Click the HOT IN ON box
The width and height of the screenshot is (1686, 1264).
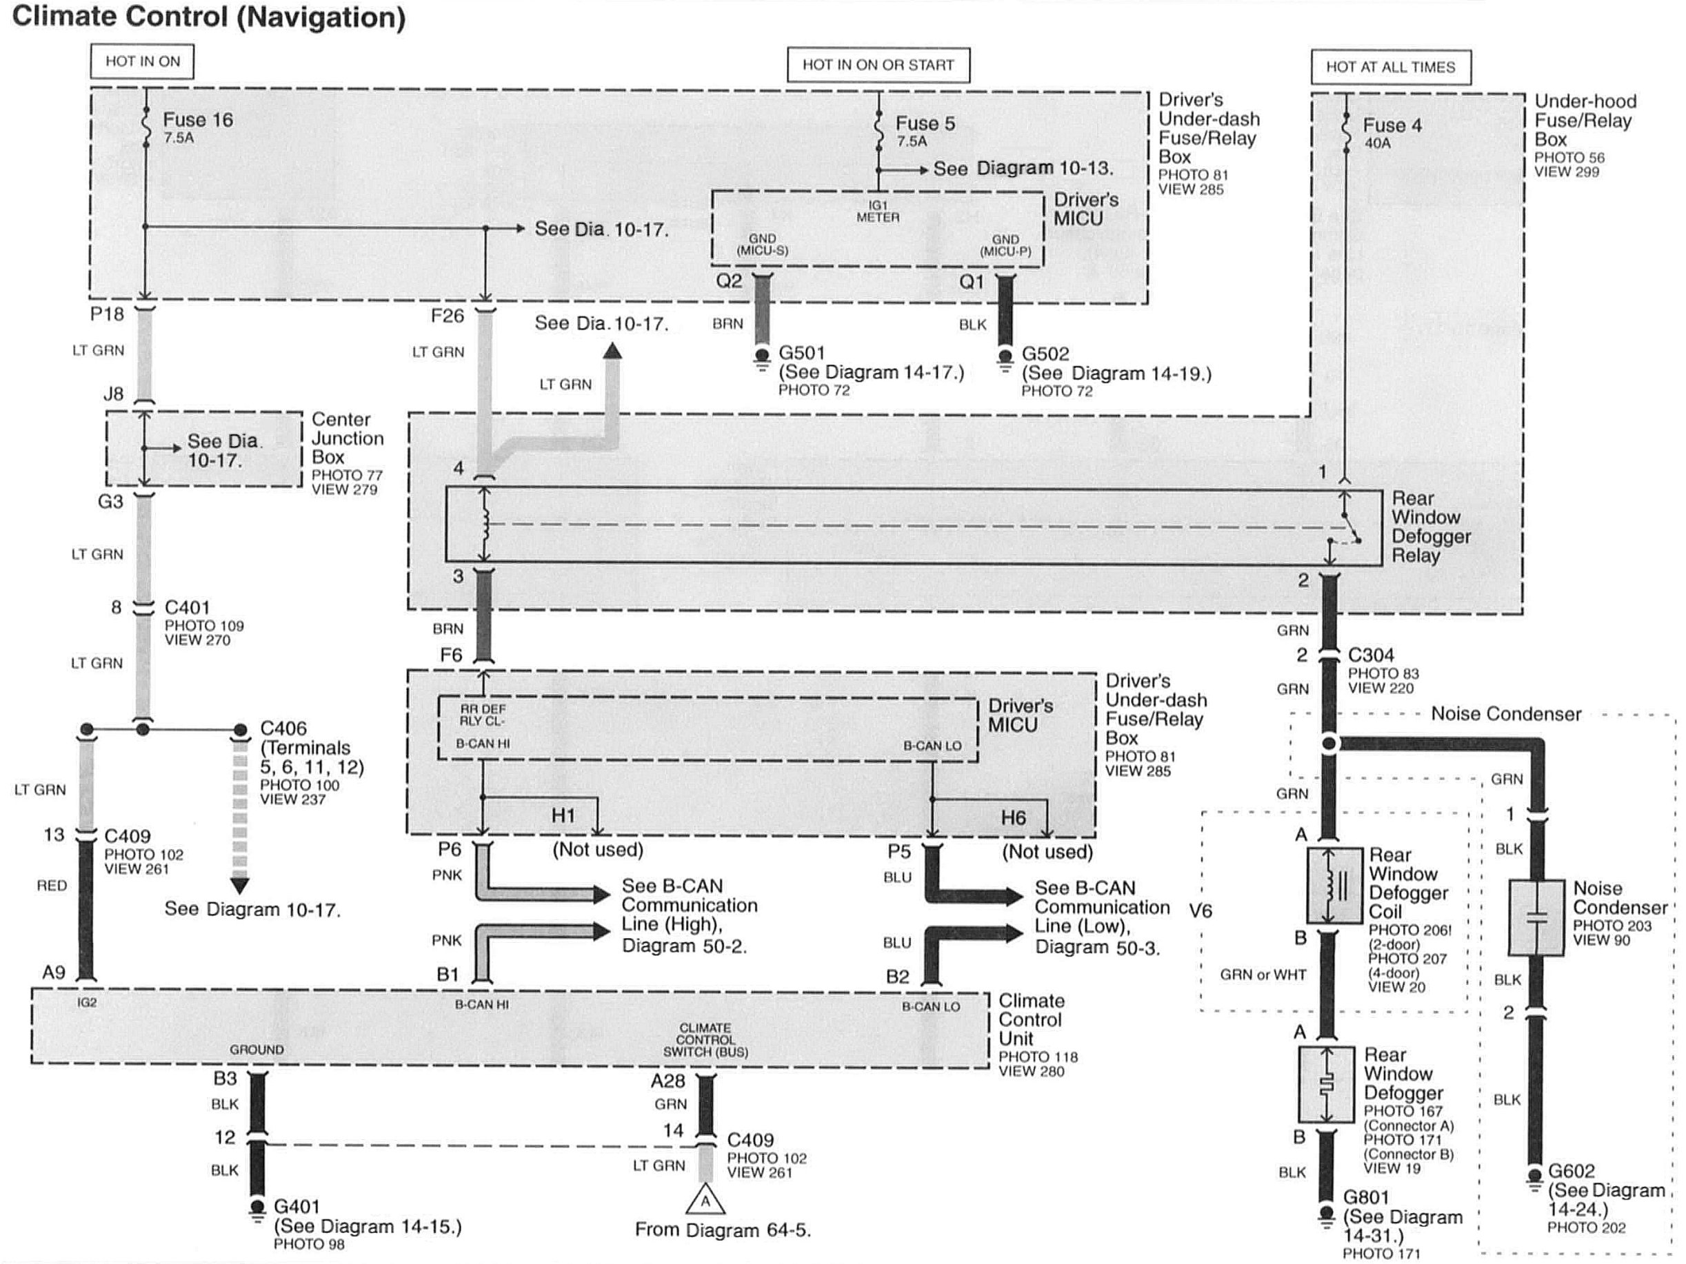[x=142, y=61]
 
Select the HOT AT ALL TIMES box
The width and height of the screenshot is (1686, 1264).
[x=1390, y=67]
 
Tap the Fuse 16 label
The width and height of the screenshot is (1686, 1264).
[x=197, y=121]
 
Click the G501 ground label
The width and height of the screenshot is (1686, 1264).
[x=801, y=353]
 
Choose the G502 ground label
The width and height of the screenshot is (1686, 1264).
[x=1045, y=354]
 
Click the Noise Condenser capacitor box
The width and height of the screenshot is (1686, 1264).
[x=1536, y=918]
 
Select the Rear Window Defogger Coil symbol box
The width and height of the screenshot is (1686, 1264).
[x=1334, y=886]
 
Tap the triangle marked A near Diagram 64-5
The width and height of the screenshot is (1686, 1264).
[x=705, y=1201]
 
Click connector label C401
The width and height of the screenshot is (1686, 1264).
[x=187, y=607]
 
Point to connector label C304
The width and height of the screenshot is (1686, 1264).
[x=1370, y=655]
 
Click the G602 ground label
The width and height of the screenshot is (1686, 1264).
[x=1571, y=1171]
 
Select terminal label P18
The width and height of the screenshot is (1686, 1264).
[x=107, y=314]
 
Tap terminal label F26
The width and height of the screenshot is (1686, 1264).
[x=447, y=316]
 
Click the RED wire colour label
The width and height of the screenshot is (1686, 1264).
[x=52, y=886]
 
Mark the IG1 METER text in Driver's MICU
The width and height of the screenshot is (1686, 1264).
[x=877, y=211]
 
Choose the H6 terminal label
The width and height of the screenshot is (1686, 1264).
[x=1013, y=817]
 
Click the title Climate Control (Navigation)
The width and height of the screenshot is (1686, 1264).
[x=209, y=17]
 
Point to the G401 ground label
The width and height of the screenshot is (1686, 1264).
[x=297, y=1206]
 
